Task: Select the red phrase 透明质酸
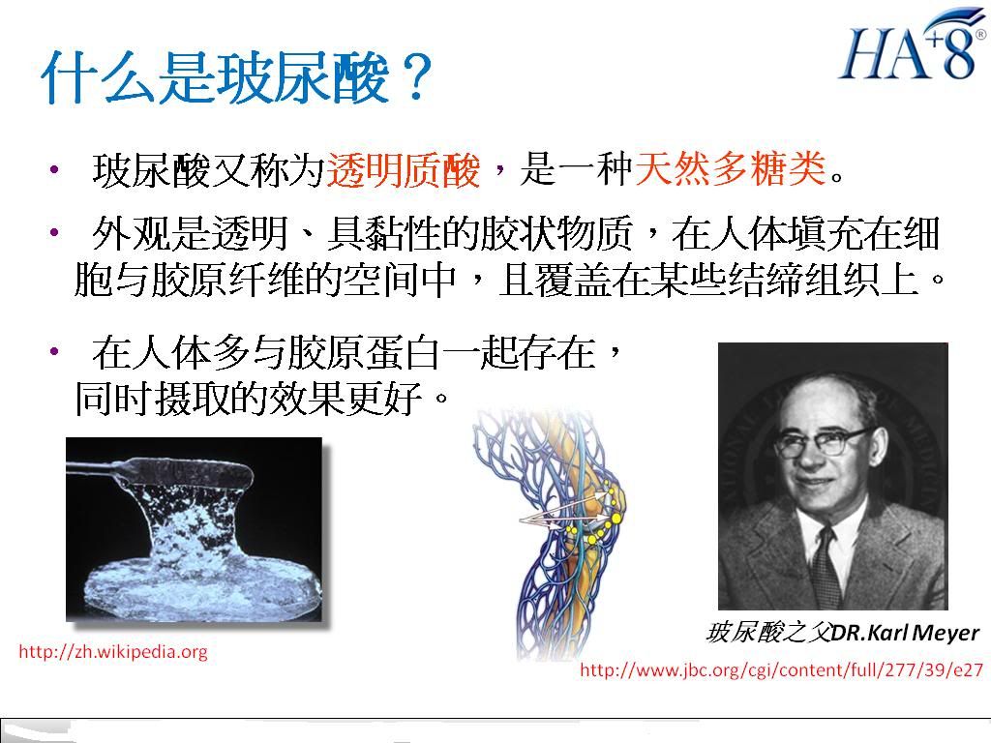403,169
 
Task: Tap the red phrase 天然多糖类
731,168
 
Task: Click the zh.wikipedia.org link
113,651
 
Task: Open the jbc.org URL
781,669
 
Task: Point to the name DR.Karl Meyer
905,633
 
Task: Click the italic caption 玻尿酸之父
767,633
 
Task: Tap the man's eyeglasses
822,441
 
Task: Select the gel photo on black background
194,529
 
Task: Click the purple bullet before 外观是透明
55,232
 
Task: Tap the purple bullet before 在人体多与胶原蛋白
55,351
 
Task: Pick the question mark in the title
414,77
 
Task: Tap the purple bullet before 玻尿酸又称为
55,169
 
